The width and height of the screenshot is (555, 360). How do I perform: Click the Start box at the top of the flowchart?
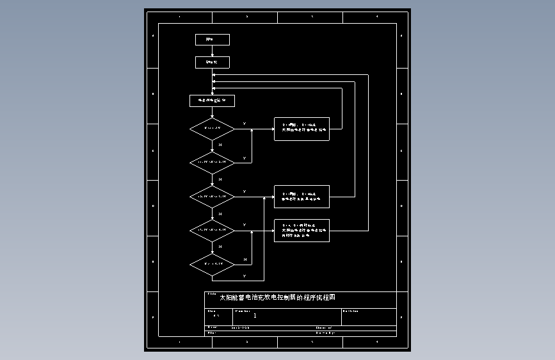[212, 40]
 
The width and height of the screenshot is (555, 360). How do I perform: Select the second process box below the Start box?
[212, 62]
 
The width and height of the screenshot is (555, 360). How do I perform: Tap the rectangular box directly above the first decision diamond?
[212, 101]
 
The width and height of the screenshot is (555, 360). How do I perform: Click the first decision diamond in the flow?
[212, 129]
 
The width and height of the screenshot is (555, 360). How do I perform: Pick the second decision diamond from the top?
[212, 162]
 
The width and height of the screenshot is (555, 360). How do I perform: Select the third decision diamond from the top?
[212, 197]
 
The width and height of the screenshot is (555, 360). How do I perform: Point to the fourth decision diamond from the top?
[212, 230]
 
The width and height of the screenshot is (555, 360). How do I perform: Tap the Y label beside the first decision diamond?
[244, 124]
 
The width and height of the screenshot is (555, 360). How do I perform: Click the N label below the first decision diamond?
[220, 145]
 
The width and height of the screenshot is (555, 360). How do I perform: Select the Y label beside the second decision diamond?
[244, 158]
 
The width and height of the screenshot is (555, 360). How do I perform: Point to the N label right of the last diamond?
[245, 259]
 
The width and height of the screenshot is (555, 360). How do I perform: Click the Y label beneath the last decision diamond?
[244, 277]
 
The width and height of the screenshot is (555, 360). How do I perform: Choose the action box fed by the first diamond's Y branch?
[302, 129]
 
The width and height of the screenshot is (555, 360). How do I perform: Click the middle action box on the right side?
[302, 197]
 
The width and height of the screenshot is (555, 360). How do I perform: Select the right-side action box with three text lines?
[302, 231]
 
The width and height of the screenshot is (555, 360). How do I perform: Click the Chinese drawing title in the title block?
[277, 298]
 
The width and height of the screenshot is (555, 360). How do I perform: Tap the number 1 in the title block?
[255, 316]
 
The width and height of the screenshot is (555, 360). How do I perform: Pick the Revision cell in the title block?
[368, 316]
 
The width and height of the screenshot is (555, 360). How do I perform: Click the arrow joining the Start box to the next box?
[212, 51]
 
